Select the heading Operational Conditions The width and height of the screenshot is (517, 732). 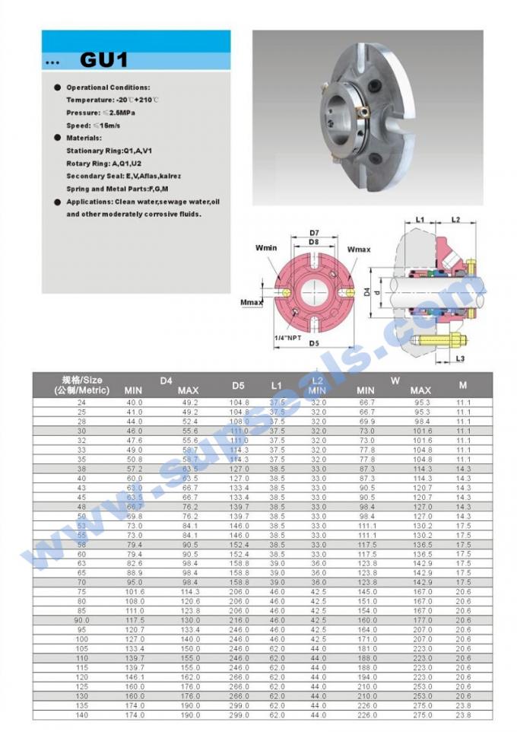108,88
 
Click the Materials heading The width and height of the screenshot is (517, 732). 84,138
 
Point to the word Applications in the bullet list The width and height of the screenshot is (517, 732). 89,202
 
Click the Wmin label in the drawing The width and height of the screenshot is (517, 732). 266,247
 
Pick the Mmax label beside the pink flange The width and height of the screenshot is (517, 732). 251,303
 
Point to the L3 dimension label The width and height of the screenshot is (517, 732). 460,358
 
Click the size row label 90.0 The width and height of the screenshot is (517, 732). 81,620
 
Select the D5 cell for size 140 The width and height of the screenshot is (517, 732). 239,714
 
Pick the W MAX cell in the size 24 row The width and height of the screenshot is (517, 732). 421,403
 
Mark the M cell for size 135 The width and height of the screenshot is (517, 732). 463,705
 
